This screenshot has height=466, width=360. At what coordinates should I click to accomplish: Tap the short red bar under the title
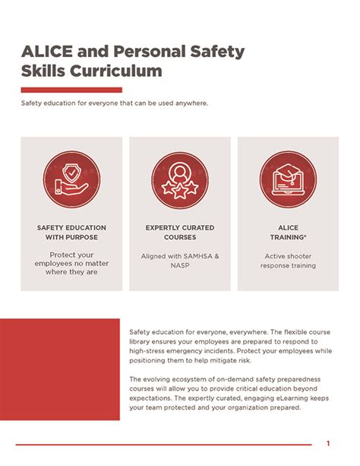click(x=61, y=90)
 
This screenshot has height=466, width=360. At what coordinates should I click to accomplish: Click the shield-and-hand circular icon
click(x=71, y=180)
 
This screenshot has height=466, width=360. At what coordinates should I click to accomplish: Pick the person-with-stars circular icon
click(x=180, y=180)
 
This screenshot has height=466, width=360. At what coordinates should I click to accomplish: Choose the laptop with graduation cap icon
click(x=288, y=180)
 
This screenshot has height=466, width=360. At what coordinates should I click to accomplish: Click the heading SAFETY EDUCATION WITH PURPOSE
click(x=71, y=233)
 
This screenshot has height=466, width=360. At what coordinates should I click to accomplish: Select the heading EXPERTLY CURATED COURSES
click(x=180, y=233)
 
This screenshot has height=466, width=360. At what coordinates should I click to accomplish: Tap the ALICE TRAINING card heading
click(x=288, y=233)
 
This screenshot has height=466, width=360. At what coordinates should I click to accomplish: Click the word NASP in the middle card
click(x=180, y=267)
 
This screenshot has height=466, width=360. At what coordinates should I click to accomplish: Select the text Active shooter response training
click(x=288, y=262)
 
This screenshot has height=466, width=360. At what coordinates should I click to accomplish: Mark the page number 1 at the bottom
click(x=328, y=443)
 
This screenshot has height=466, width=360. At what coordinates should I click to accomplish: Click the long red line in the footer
click(x=163, y=445)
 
